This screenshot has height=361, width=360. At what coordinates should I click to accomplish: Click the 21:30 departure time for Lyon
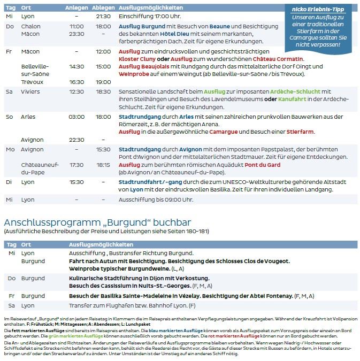point(103,17)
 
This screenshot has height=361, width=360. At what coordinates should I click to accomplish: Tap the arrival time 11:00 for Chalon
point(76,26)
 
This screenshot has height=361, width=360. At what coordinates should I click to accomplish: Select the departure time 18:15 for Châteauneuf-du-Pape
point(103,165)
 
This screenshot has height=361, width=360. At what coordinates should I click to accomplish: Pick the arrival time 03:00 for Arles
point(76,116)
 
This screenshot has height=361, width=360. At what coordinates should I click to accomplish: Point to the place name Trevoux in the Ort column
point(32,82)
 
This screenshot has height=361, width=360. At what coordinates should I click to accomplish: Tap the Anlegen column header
point(76,8)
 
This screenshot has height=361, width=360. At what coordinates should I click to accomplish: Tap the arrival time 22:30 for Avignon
point(76,140)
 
